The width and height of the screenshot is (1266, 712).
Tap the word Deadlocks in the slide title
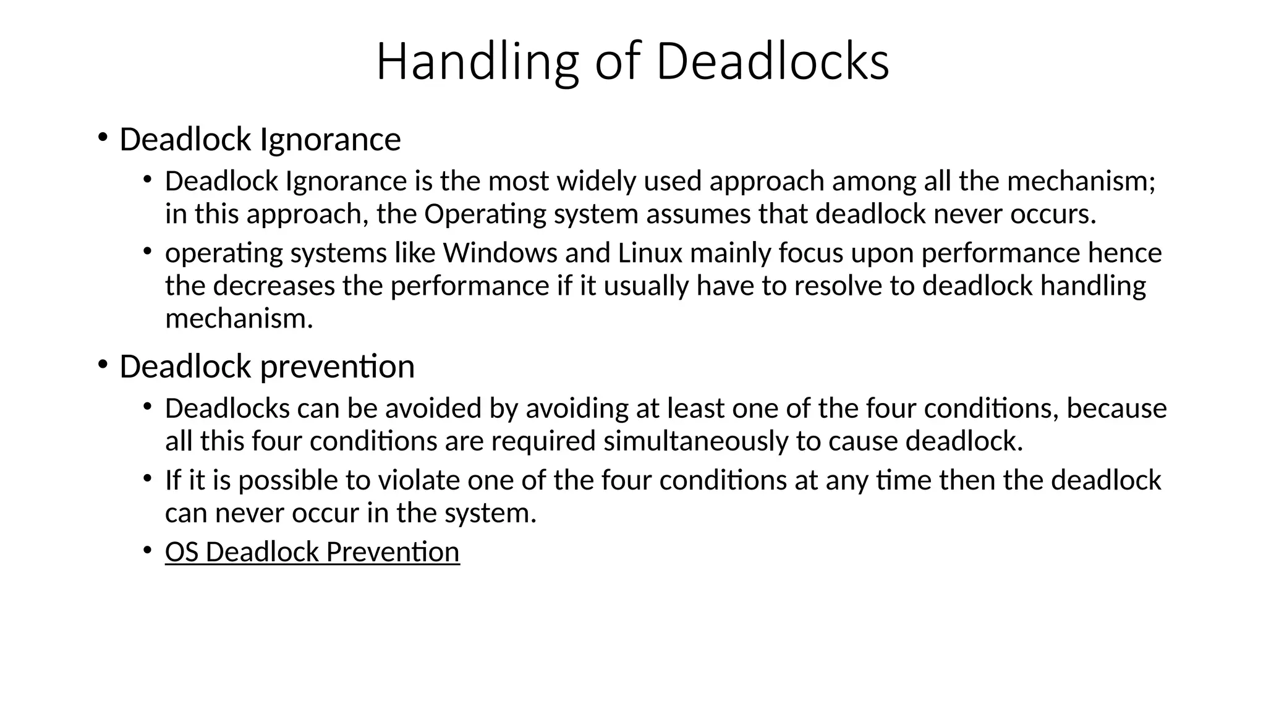point(772,62)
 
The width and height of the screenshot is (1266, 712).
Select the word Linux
point(650,253)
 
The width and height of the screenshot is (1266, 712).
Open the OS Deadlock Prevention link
point(312,552)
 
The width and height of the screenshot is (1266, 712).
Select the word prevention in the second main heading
point(337,367)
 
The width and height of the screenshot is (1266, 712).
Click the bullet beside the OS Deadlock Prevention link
point(147,549)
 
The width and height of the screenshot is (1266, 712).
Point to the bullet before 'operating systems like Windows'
point(147,251)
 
